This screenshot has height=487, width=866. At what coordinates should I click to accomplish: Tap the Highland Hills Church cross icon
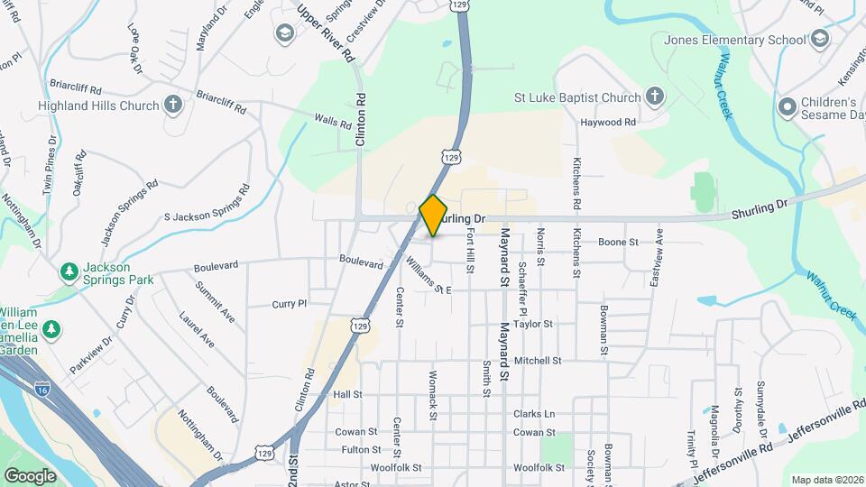(x=173, y=106)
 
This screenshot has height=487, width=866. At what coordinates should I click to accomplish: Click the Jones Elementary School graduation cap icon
(x=819, y=40)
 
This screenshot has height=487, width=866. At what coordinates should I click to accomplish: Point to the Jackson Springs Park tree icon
(x=69, y=271)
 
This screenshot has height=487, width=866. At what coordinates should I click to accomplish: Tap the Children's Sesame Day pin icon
(x=788, y=106)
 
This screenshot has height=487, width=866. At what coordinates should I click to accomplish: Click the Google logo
(x=30, y=475)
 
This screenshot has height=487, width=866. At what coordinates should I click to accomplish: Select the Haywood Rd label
(x=608, y=122)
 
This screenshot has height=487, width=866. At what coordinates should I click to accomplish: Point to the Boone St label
(x=619, y=242)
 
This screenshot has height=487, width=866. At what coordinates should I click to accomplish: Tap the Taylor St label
(x=532, y=324)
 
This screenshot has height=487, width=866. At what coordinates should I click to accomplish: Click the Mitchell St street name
(x=539, y=360)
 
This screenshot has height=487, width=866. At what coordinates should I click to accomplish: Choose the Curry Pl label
(x=290, y=305)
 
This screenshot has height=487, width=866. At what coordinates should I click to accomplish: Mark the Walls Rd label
(x=332, y=119)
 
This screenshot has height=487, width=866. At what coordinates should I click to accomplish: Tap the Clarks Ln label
(x=534, y=414)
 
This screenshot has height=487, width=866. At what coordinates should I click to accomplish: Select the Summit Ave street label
(x=215, y=303)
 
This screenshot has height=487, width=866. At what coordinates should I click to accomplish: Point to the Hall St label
(x=347, y=394)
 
